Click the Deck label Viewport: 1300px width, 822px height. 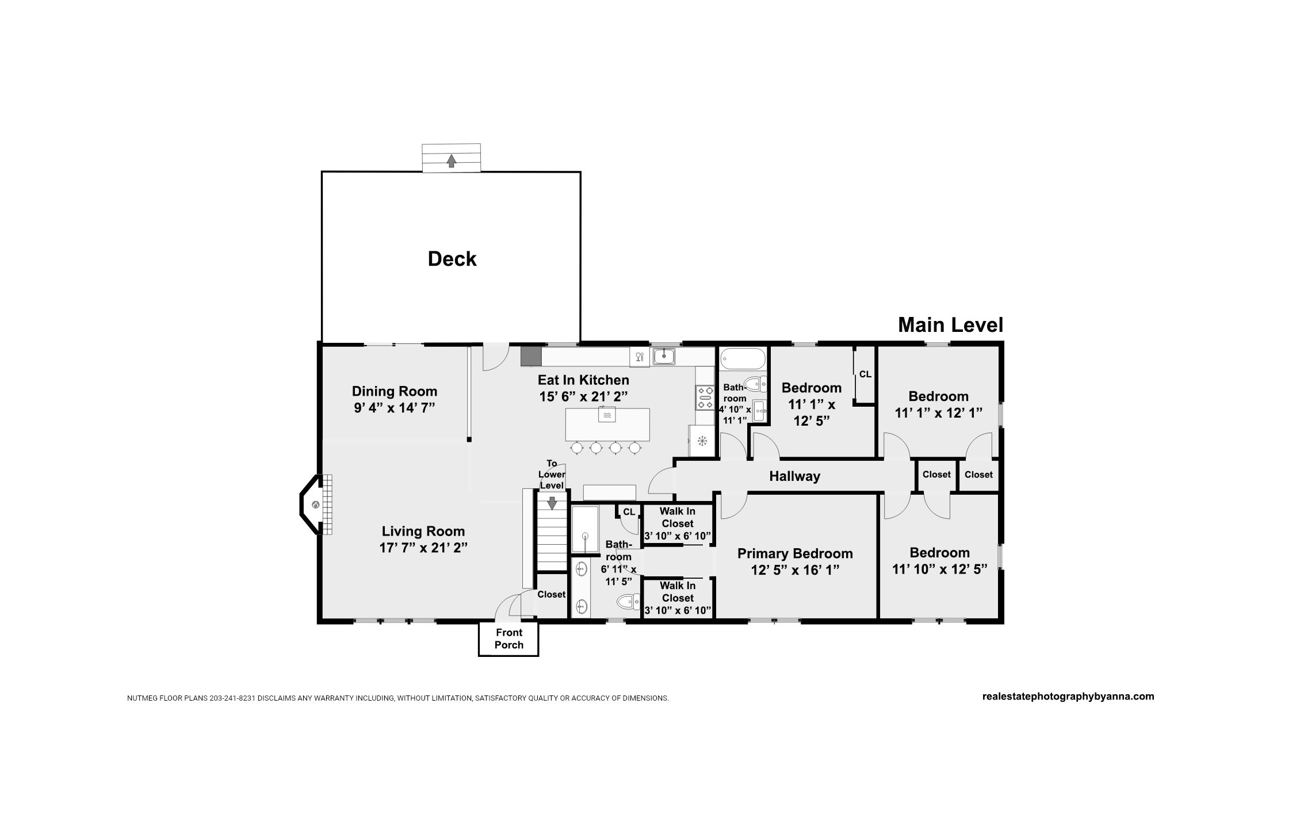(x=452, y=259)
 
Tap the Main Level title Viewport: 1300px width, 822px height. (x=950, y=325)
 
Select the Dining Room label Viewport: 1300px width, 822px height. (x=395, y=391)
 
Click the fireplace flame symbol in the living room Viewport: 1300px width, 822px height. (x=315, y=505)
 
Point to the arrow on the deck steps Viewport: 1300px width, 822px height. (x=452, y=161)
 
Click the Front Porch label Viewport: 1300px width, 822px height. (x=509, y=639)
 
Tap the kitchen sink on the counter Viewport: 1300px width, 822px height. (x=664, y=356)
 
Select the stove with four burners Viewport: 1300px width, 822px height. (x=705, y=397)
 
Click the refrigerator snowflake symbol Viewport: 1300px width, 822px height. (x=702, y=441)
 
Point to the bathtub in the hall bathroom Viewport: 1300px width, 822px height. (x=743, y=359)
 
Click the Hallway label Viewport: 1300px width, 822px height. (x=795, y=476)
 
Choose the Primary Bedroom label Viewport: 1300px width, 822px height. (x=795, y=553)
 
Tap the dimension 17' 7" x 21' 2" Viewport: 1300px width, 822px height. (x=423, y=548)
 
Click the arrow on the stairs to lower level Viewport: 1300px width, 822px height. (x=552, y=503)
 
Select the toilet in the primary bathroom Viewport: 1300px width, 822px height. (x=628, y=602)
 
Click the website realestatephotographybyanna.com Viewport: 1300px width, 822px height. (x=1068, y=696)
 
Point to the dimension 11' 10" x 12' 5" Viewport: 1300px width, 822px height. (x=940, y=569)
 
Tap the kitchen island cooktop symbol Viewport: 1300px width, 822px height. (x=607, y=414)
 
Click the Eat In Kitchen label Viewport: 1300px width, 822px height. (x=583, y=380)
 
